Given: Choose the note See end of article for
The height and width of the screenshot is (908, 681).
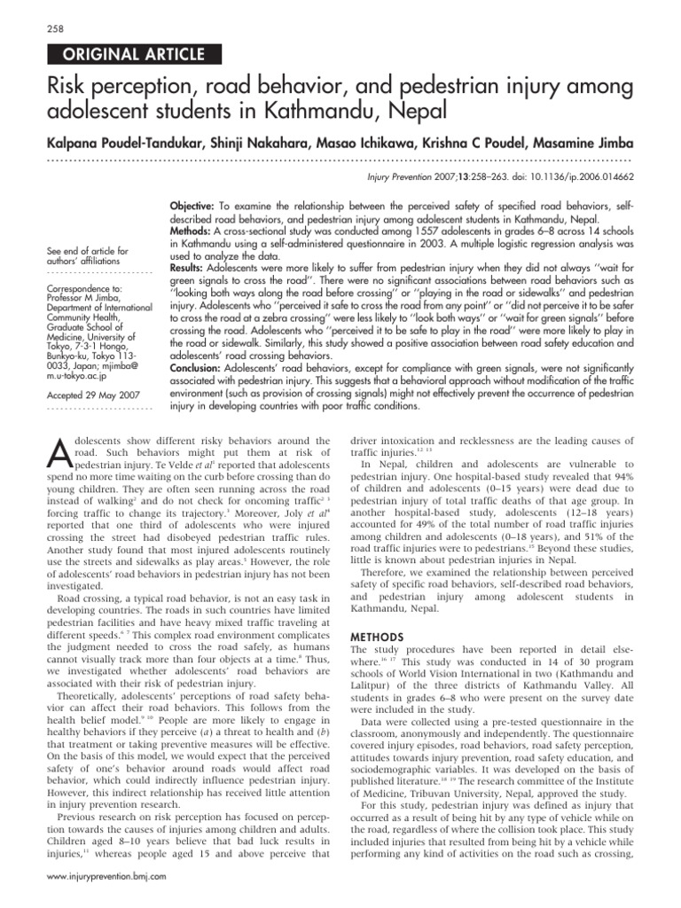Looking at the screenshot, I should point(89,251).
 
